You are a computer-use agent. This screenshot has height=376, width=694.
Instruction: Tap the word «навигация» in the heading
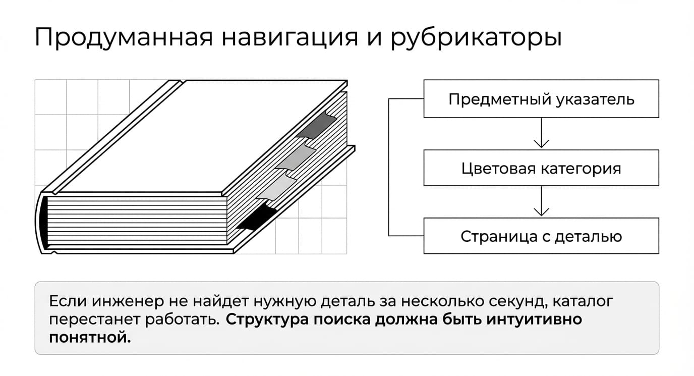pyautogui.click(x=290, y=37)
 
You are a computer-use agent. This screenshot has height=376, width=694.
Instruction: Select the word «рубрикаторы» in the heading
pyautogui.click(x=476, y=37)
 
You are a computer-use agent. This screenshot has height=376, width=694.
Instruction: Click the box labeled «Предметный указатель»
pyautogui.click(x=541, y=99)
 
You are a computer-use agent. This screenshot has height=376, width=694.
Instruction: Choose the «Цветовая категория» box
pyautogui.click(x=541, y=168)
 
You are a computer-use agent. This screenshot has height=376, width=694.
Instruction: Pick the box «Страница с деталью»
pyautogui.click(x=541, y=236)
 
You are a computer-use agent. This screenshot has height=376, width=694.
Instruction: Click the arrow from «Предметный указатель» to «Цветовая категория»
pyautogui.click(x=541, y=133)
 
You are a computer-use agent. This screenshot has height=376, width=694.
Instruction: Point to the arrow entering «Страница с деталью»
pyautogui.click(x=541, y=201)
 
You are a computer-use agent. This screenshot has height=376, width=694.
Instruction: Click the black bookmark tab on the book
pyautogui.click(x=257, y=217)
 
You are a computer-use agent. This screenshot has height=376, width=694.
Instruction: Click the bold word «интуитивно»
pyautogui.click(x=534, y=319)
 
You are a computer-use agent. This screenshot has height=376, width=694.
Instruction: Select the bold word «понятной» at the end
pyautogui.click(x=90, y=338)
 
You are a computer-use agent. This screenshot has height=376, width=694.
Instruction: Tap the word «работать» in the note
pyautogui.click(x=183, y=320)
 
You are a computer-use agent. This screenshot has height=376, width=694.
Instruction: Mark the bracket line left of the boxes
pyautogui.click(x=389, y=168)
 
